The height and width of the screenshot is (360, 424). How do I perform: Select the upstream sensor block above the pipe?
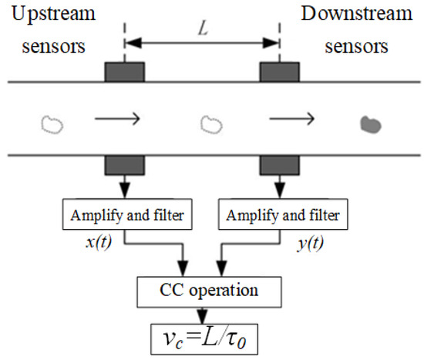[x=124, y=72]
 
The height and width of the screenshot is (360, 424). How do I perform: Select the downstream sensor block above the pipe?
[x=279, y=72]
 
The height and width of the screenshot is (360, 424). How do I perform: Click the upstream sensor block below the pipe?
[x=124, y=165]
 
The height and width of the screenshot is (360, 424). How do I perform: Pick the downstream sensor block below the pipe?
[x=279, y=165]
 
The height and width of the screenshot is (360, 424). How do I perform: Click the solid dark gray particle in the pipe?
[x=371, y=123]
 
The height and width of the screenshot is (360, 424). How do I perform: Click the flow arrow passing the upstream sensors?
[x=116, y=119]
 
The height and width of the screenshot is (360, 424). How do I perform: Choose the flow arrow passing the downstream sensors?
[x=291, y=119]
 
